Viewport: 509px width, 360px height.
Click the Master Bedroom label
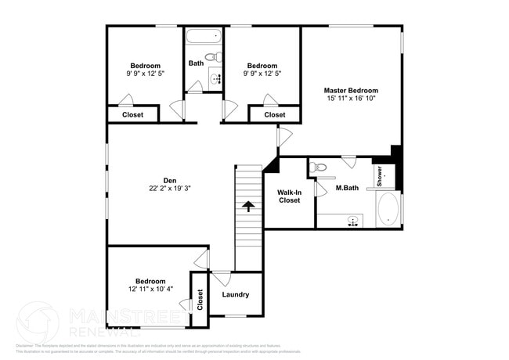pos(352,90)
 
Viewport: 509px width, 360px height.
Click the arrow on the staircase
pos(248,207)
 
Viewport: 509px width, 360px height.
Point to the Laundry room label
pos(235,295)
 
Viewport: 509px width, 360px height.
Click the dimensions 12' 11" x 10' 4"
pos(150,290)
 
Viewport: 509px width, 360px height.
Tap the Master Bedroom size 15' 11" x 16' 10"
pos(352,99)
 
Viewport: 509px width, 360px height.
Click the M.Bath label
pos(347,188)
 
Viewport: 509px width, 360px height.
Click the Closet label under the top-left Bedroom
pos(132,115)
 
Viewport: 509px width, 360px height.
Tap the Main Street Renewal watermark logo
pos(38,322)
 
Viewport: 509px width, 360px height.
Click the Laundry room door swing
pos(222,279)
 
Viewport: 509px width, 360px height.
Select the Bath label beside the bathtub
pos(195,63)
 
